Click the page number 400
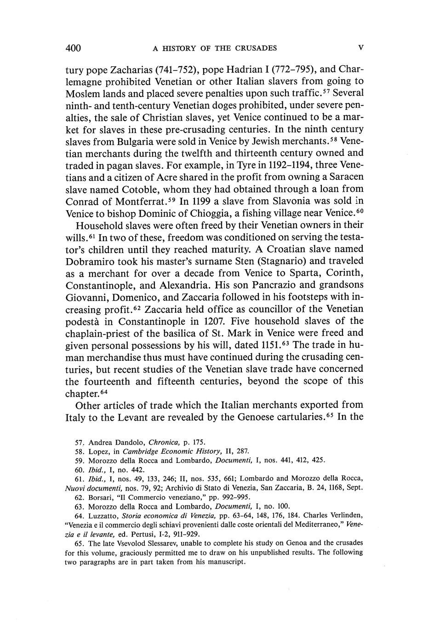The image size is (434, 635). (x=74, y=48)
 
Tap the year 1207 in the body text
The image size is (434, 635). (x=211, y=321)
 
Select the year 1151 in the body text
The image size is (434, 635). (x=274, y=345)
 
